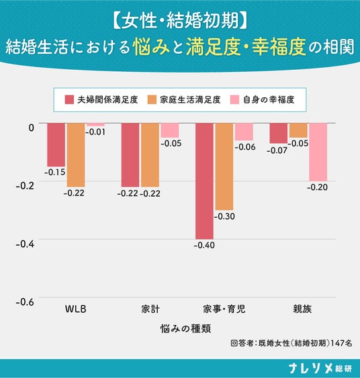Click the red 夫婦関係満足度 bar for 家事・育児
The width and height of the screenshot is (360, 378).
coord(204,181)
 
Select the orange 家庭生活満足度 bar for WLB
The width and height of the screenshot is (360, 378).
coord(76,155)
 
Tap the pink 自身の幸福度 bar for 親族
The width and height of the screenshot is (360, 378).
coord(318,152)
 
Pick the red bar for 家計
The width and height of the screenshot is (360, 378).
coord(130,155)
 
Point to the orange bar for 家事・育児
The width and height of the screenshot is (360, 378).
coord(224,167)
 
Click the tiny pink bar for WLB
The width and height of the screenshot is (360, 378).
coord(96,125)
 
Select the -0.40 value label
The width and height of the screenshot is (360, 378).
coord(204,246)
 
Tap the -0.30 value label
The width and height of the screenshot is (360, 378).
coord(224,216)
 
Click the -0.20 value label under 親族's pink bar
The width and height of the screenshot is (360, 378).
coord(317,187)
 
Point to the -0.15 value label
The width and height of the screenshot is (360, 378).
coord(55,172)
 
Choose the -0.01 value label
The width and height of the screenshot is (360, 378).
coord(95,132)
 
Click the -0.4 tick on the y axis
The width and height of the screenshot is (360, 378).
coord(25,244)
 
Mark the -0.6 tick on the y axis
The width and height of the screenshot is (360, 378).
coord(25,302)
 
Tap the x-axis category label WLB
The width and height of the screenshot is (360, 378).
coord(75,309)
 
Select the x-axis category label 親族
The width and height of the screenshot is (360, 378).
coord(302,309)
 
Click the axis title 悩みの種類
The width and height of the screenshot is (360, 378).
coord(185,328)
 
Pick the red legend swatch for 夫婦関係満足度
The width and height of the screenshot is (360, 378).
coord(69,99)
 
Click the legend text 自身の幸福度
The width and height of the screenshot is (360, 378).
coord(269,99)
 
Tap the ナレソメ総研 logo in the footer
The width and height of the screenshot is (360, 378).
coord(320,368)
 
